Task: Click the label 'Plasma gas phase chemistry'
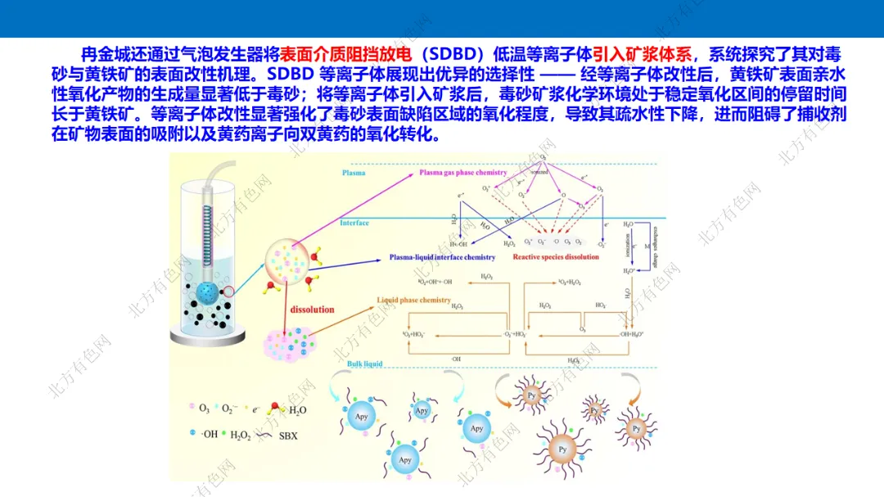[x=463, y=173]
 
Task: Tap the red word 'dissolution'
[x=312, y=309]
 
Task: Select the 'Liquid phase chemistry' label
[x=413, y=300]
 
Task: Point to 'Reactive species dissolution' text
[x=556, y=257]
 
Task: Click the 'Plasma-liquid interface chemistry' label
[x=442, y=257]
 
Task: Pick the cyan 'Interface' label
[x=354, y=223]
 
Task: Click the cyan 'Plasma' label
[x=354, y=173]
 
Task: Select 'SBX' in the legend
[x=288, y=436]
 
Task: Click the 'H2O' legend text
[x=297, y=409]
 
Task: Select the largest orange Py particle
[x=562, y=450]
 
